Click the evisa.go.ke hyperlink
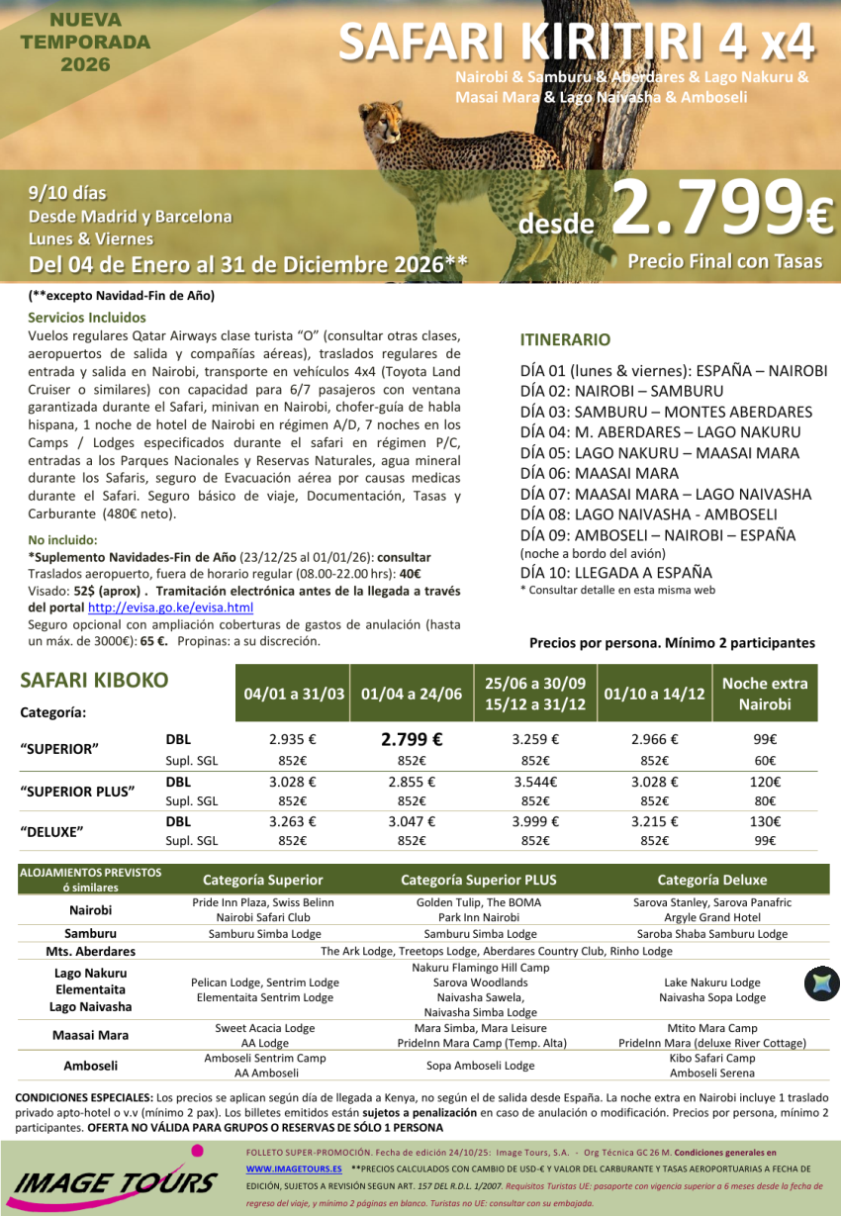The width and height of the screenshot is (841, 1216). point(170,608)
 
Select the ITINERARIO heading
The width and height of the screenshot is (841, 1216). point(565,339)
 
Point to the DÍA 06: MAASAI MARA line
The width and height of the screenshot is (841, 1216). point(600,473)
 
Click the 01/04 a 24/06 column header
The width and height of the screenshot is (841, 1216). point(412,694)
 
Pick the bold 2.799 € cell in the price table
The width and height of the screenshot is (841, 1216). point(412,738)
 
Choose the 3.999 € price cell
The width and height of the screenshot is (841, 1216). point(535,821)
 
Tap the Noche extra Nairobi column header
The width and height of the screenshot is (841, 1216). point(764,694)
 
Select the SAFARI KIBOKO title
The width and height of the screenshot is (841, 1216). point(94,681)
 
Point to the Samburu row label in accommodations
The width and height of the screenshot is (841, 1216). point(90,933)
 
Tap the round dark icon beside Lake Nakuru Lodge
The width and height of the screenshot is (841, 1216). point(821,982)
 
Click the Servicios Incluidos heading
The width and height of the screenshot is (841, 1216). point(87,318)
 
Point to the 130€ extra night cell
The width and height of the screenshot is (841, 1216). point(764,821)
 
